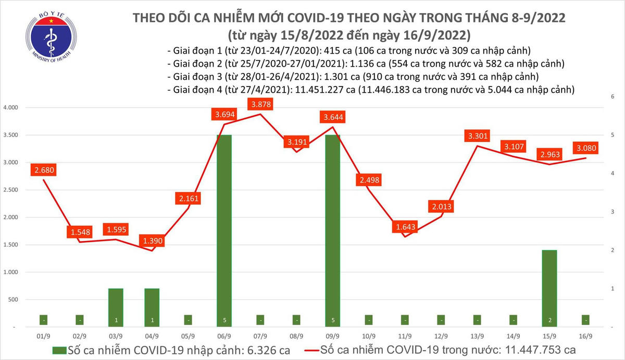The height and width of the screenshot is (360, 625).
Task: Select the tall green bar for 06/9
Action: (224, 229)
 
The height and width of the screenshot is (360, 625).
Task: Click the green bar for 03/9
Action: (116, 307)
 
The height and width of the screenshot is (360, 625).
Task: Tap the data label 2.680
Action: (44, 169)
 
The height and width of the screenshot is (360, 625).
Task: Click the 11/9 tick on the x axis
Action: (405, 336)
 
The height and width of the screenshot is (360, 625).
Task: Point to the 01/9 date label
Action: (44, 336)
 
